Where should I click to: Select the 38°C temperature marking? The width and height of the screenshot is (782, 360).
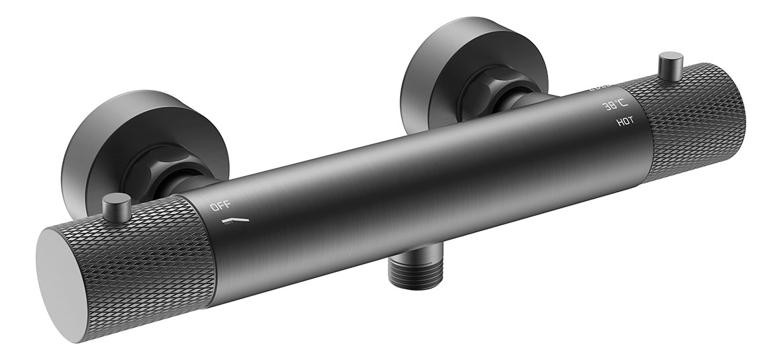click(x=614, y=105)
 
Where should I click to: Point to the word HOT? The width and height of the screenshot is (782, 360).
click(x=624, y=122)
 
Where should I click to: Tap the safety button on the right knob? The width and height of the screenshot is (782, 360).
click(x=669, y=66)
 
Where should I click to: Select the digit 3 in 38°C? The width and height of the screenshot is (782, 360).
click(x=605, y=106)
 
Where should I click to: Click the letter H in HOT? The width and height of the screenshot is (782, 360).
click(x=618, y=122)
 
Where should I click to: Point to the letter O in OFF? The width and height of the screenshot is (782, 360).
click(x=213, y=207)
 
